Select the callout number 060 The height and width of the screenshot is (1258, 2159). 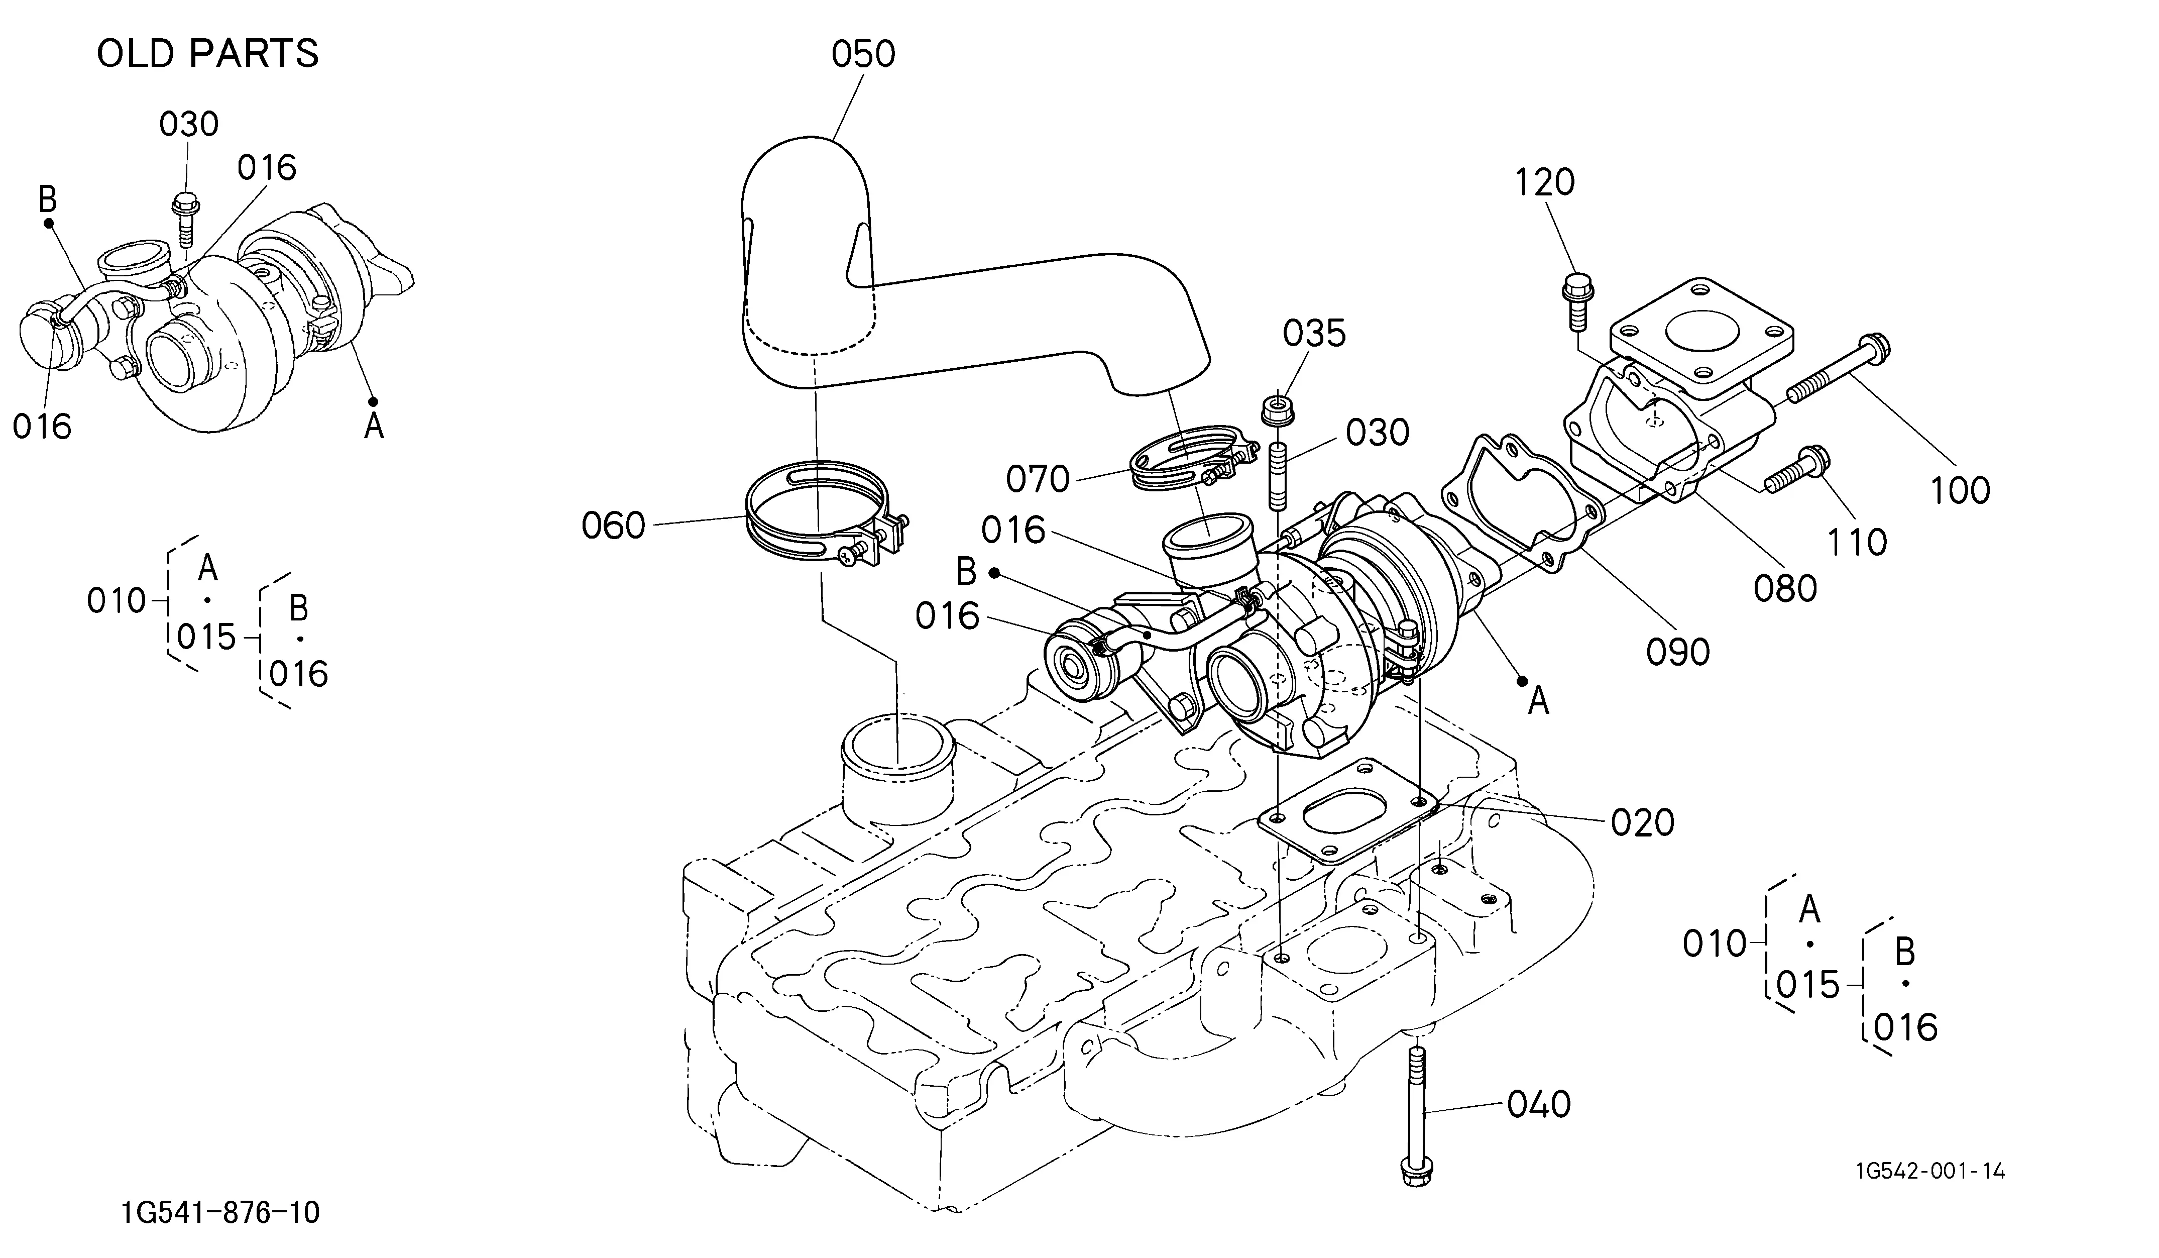tap(613, 526)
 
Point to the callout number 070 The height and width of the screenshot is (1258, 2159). tap(1038, 479)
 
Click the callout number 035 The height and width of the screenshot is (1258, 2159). tap(1314, 334)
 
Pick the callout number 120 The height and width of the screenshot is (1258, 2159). tap(1545, 182)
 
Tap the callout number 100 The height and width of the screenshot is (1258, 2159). tap(1960, 490)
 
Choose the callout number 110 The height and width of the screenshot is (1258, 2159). tap(1857, 542)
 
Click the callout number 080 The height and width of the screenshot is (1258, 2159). tap(1784, 589)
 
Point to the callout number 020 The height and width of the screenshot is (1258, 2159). tap(1642, 822)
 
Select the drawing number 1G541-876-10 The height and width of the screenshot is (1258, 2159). tap(221, 1213)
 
